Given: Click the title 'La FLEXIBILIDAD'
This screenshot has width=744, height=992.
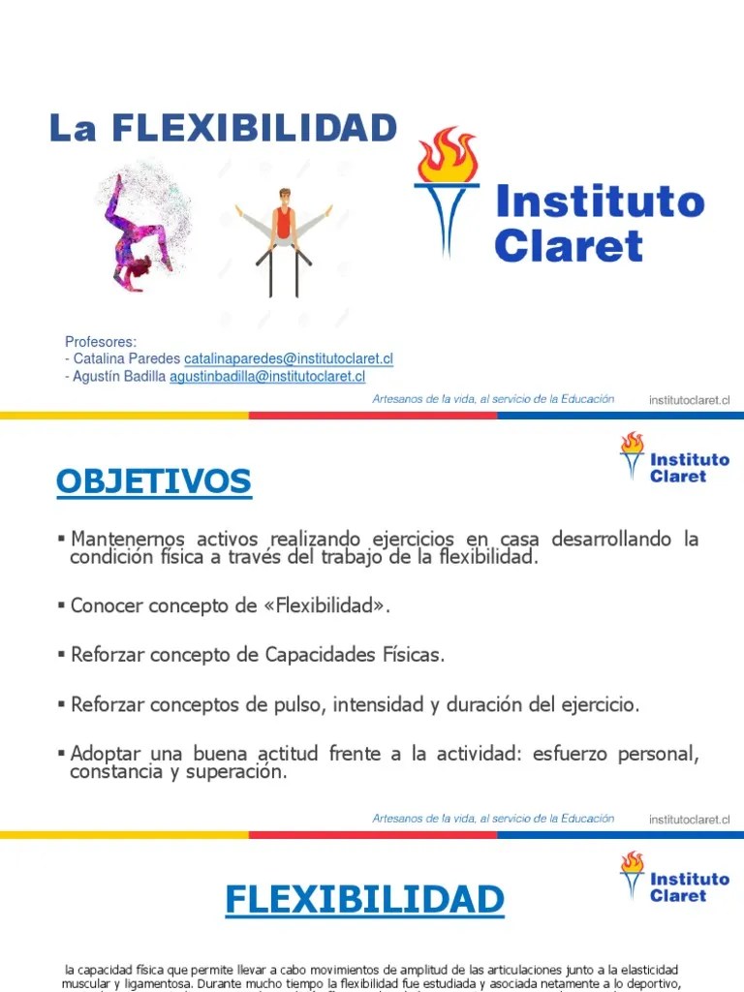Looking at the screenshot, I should tap(223, 128).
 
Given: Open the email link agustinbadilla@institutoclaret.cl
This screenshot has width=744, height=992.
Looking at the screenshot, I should tap(267, 377).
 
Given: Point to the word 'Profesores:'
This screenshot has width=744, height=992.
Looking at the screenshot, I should tap(101, 342).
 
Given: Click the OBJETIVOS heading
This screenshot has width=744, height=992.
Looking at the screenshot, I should tap(153, 481).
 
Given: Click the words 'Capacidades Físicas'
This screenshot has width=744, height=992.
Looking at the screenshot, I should tap(354, 655).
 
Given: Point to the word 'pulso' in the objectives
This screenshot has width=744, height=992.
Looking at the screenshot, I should tap(298, 705).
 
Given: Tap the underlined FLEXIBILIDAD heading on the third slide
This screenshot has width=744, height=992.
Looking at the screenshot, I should tap(364, 899).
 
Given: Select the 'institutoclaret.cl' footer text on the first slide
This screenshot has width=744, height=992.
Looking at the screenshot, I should tap(689, 399).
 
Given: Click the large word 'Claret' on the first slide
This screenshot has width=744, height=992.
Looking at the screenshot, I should tap(568, 246).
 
